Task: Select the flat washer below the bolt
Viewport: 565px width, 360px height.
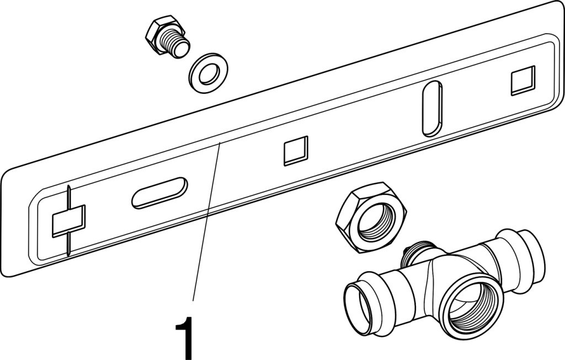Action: pos(208,73)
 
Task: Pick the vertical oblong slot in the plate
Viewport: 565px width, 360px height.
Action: pos(431,109)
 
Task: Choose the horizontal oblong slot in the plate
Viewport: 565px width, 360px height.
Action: pos(159,193)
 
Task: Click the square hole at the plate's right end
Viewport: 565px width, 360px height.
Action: pos(523,81)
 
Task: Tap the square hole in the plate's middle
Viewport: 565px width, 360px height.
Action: pos(296,151)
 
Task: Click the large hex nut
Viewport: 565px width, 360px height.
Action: pos(371,218)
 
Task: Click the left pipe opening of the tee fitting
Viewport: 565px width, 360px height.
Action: pos(357,304)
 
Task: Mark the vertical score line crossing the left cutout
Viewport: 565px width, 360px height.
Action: pos(68,220)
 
